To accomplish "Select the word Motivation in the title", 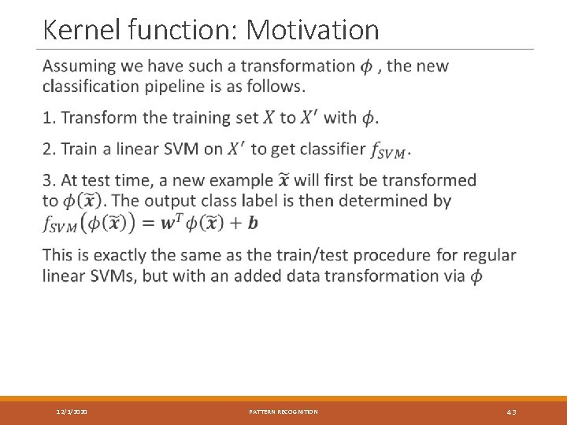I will tap(313, 30).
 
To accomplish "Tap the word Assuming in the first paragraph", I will tap(82, 66).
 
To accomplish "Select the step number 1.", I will tap(48, 118).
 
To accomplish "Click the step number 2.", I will tap(48, 149).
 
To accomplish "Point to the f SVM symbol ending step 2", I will tap(391, 150).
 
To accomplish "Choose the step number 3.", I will tap(48, 180).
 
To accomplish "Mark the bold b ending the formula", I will tap(252, 223).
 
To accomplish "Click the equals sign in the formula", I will tap(147, 223).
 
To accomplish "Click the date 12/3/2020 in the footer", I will tap(72, 412).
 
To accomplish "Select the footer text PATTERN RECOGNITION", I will tap(283, 412).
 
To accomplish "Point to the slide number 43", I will tap(511, 412).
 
